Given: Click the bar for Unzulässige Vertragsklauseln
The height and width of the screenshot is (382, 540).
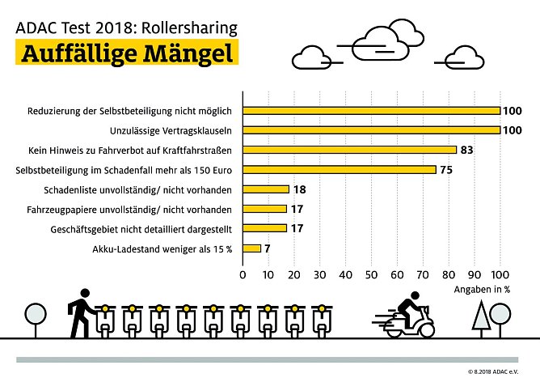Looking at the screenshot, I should (x=371, y=129).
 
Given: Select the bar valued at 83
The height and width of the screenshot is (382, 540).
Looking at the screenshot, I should (x=349, y=150).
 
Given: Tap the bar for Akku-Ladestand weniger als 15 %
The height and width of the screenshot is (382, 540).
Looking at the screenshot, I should (x=252, y=248).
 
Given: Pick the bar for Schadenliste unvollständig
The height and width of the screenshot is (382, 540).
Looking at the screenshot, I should (x=266, y=189).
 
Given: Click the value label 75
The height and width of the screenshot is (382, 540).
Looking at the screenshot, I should (x=446, y=169).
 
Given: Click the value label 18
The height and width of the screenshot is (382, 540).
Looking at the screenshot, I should (x=299, y=189).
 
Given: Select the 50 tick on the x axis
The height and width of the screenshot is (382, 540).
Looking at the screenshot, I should (x=372, y=274).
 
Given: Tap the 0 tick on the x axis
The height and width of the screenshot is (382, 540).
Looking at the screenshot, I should (x=243, y=274).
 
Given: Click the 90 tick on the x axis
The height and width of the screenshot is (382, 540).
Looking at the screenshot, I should (x=475, y=274).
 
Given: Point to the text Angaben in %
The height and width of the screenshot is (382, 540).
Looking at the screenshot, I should (x=482, y=288).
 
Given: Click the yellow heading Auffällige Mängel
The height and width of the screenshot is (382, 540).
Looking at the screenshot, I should (x=128, y=53).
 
